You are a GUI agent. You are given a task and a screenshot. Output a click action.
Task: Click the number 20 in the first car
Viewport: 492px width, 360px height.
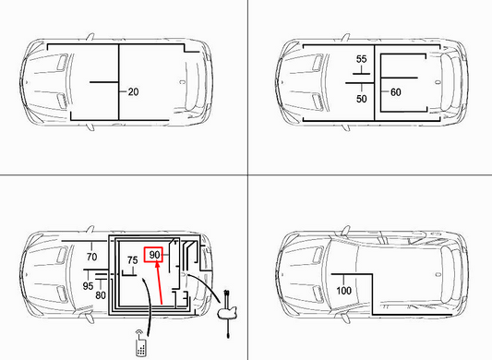[133, 92]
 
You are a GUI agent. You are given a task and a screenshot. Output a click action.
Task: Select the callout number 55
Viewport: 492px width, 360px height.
[362, 59]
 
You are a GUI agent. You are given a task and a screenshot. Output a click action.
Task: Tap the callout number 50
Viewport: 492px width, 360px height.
[362, 98]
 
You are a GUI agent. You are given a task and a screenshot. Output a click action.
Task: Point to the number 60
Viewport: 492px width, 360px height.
[396, 92]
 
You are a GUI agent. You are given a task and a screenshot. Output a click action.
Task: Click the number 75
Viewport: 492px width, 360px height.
[132, 260]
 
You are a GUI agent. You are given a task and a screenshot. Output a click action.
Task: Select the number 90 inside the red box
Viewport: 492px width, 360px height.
[154, 255]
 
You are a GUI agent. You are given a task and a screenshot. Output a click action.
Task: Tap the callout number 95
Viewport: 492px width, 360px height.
[88, 285]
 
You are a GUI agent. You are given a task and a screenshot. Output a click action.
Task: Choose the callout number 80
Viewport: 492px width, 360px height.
[101, 296]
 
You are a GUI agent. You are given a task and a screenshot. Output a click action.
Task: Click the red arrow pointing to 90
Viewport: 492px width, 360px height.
[160, 284]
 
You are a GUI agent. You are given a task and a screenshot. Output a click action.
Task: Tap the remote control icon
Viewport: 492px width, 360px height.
[139, 346]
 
